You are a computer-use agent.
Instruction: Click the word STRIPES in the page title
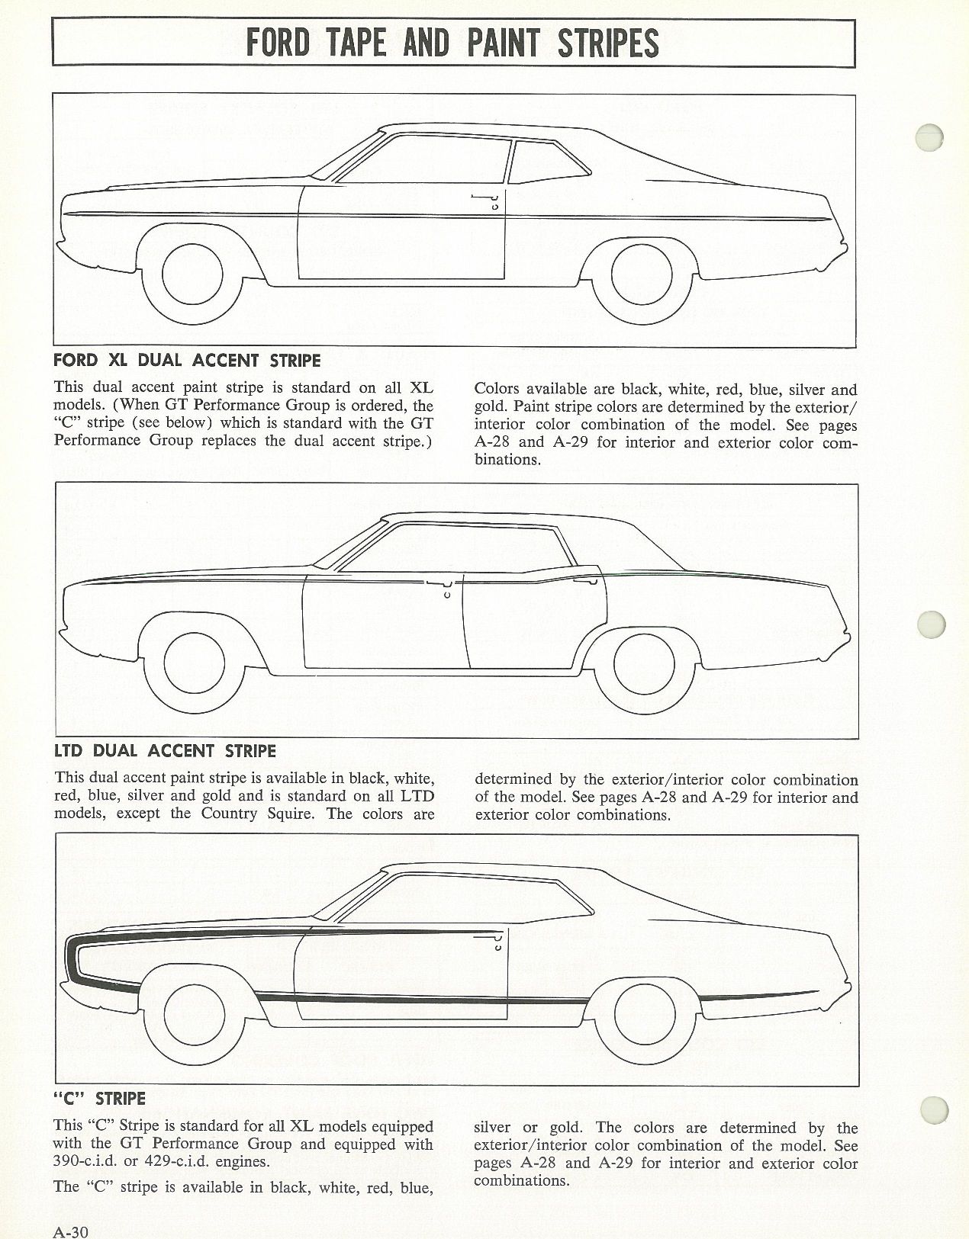(x=608, y=43)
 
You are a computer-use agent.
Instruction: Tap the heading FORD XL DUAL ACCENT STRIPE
(x=187, y=361)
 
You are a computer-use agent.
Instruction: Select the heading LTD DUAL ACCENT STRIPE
(x=166, y=750)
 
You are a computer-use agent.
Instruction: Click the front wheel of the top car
(x=192, y=274)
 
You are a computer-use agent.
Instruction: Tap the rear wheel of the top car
(x=642, y=274)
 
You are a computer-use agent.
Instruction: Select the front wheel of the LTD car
(x=194, y=663)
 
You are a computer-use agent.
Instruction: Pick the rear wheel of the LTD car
(x=644, y=663)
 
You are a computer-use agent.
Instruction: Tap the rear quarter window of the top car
(x=549, y=162)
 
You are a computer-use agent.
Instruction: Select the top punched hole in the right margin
(x=929, y=138)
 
